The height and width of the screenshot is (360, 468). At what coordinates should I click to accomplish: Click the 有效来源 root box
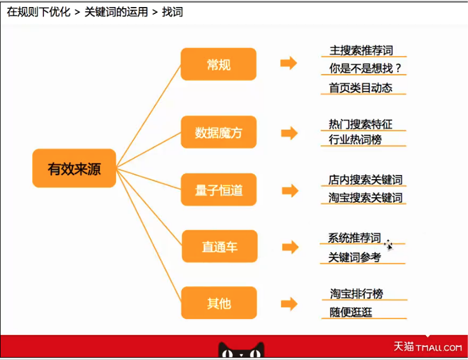(x=74, y=168)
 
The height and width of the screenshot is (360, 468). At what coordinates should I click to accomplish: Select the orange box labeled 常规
(x=218, y=64)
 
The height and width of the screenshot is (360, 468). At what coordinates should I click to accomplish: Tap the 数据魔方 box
(x=218, y=132)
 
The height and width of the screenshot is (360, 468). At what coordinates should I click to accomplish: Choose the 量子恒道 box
(x=219, y=190)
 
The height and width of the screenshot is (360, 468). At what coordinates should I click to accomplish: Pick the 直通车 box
(x=220, y=246)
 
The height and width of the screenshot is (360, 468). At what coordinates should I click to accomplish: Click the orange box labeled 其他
(x=219, y=303)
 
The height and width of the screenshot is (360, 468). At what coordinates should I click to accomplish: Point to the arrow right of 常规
(x=289, y=63)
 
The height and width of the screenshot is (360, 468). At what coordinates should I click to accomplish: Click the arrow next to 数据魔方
(x=289, y=133)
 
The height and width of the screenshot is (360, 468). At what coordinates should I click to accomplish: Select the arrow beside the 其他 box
(x=289, y=304)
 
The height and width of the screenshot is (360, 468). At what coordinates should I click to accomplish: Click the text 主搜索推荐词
(x=361, y=50)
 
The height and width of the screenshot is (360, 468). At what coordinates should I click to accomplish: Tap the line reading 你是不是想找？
(x=365, y=68)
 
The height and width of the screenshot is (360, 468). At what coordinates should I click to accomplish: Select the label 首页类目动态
(x=361, y=88)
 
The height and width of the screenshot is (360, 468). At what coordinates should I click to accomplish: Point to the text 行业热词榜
(x=355, y=139)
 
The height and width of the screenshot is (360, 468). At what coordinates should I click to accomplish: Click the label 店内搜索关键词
(x=365, y=180)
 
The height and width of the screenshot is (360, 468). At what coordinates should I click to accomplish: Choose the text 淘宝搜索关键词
(x=365, y=198)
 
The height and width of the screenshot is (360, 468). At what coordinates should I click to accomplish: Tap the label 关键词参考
(x=354, y=257)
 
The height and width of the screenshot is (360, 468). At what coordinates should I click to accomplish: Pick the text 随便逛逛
(x=351, y=312)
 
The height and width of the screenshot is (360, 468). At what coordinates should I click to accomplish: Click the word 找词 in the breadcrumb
(x=172, y=12)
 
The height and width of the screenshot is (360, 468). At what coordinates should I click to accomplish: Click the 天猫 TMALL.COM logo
(x=428, y=347)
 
